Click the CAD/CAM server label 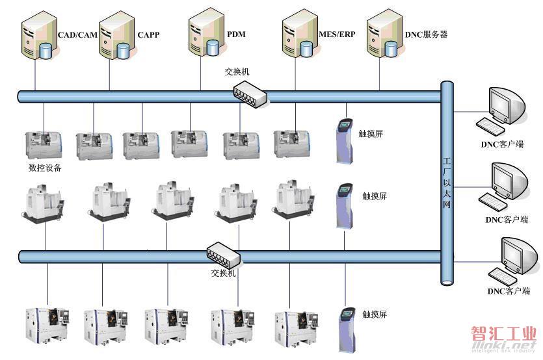(77, 35)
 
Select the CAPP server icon (116, 35)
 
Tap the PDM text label (236, 34)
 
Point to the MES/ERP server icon (300, 33)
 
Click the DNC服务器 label (427, 34)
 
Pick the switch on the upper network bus (250, 94)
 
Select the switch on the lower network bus (223, 255)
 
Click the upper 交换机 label (237, 71)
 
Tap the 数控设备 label (45, 168)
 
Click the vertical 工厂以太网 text (447, 183)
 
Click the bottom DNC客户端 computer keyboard (503, 276)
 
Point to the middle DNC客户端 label (507, 220)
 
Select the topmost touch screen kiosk (345, 140)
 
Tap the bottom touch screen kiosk (347, 330)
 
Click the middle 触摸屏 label (375, 196)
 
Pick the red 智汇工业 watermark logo (503, 334)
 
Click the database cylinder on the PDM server (213, 48)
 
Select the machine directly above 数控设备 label (44, 146)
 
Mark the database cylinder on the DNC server (391, 49)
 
